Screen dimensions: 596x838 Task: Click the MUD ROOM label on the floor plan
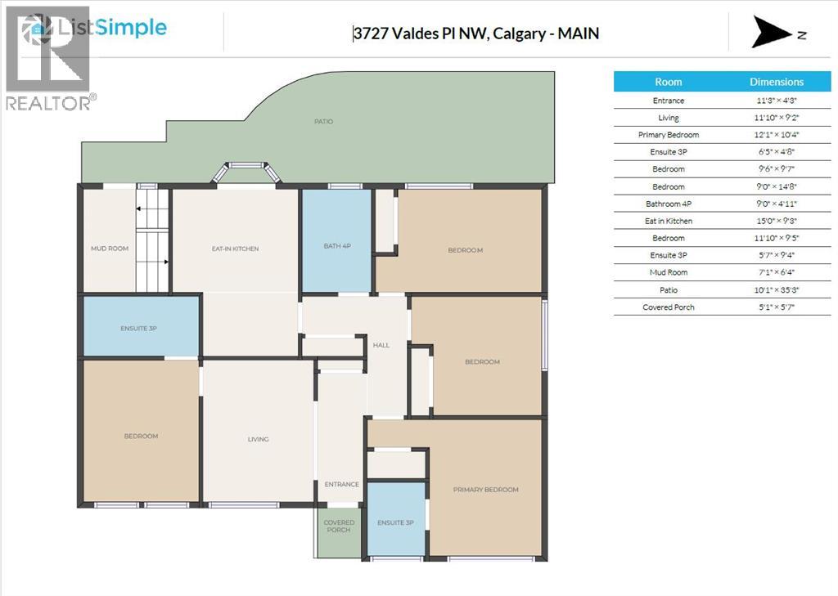[109, 249]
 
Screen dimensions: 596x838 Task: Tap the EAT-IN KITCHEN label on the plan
[235, 249]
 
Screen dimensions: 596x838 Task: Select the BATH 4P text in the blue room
[336, 246]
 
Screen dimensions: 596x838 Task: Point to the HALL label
[381, 346]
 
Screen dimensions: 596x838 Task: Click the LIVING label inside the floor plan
[258, 440]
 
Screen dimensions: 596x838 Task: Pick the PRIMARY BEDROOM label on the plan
[486, 490]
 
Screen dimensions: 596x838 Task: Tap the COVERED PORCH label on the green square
[339, 526]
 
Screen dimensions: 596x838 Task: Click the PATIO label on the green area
[323, 122]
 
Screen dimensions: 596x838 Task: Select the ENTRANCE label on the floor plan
[341, 485]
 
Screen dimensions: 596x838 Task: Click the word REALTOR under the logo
[47, 103]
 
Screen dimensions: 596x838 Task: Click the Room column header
[669, 82]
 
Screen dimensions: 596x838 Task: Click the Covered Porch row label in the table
[669, 307]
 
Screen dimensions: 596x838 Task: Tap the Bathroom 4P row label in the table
[669, 204]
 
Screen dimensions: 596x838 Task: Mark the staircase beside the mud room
[152, 240]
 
